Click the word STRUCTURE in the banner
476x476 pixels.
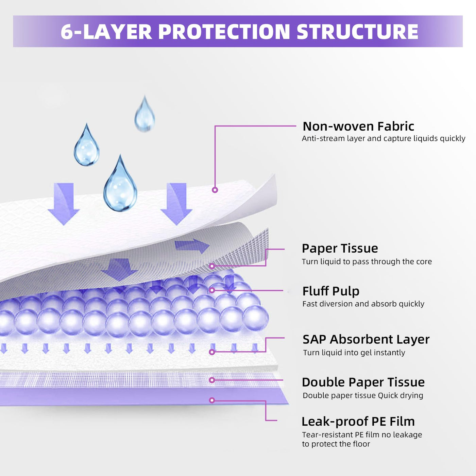coord(357,32)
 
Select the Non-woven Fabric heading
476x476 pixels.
coord(358,126)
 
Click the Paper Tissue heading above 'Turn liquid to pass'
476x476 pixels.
coord(340,248)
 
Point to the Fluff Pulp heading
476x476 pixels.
coord(331,291)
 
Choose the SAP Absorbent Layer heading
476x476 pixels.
coord(366,339)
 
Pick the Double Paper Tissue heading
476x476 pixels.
coord(363,382)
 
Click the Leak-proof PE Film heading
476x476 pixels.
coord(358,422)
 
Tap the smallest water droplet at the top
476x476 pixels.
coord(145,115)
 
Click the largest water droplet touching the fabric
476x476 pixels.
coord(120,185)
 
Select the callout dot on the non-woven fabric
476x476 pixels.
coord(215,190)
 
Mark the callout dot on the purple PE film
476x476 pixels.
coord(212,401)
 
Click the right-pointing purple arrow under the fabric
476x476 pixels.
coord(192,245)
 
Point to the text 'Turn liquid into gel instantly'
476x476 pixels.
coord(354,353)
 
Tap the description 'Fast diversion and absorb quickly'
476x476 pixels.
coord(363,304)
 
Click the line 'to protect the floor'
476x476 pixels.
coord(336,444)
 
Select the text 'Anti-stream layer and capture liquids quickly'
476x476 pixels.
coord(384,138)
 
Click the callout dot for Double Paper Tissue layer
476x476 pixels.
coord(212,380)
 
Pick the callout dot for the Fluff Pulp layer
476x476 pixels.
coord(212,290)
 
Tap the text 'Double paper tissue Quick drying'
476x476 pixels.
coord(363,395)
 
